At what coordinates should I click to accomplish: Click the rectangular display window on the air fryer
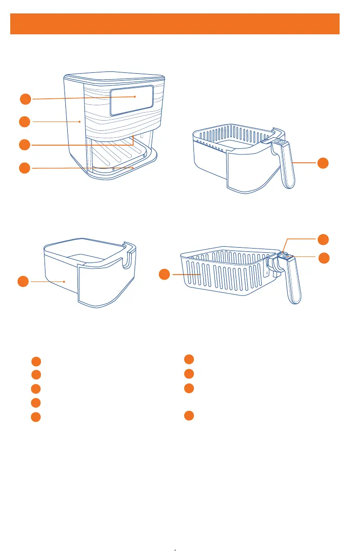click(131, 100)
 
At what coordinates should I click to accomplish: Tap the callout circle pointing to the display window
click(26, 99)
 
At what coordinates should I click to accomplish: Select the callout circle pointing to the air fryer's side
click(26, 122)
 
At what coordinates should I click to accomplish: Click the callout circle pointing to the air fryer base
click(26, 168)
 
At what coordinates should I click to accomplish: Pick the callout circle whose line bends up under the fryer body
click(26, 145)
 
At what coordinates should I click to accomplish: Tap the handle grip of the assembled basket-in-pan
click(287, 167)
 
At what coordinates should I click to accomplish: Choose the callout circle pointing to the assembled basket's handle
click(324, 163)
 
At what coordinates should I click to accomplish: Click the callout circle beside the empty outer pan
click(24, 281)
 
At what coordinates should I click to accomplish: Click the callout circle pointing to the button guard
click(324, 239)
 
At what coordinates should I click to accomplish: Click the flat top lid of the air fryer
click(115, 79)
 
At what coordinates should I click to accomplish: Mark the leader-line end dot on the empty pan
click(64, 281)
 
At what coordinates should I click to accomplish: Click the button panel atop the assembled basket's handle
click(278, 143)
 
